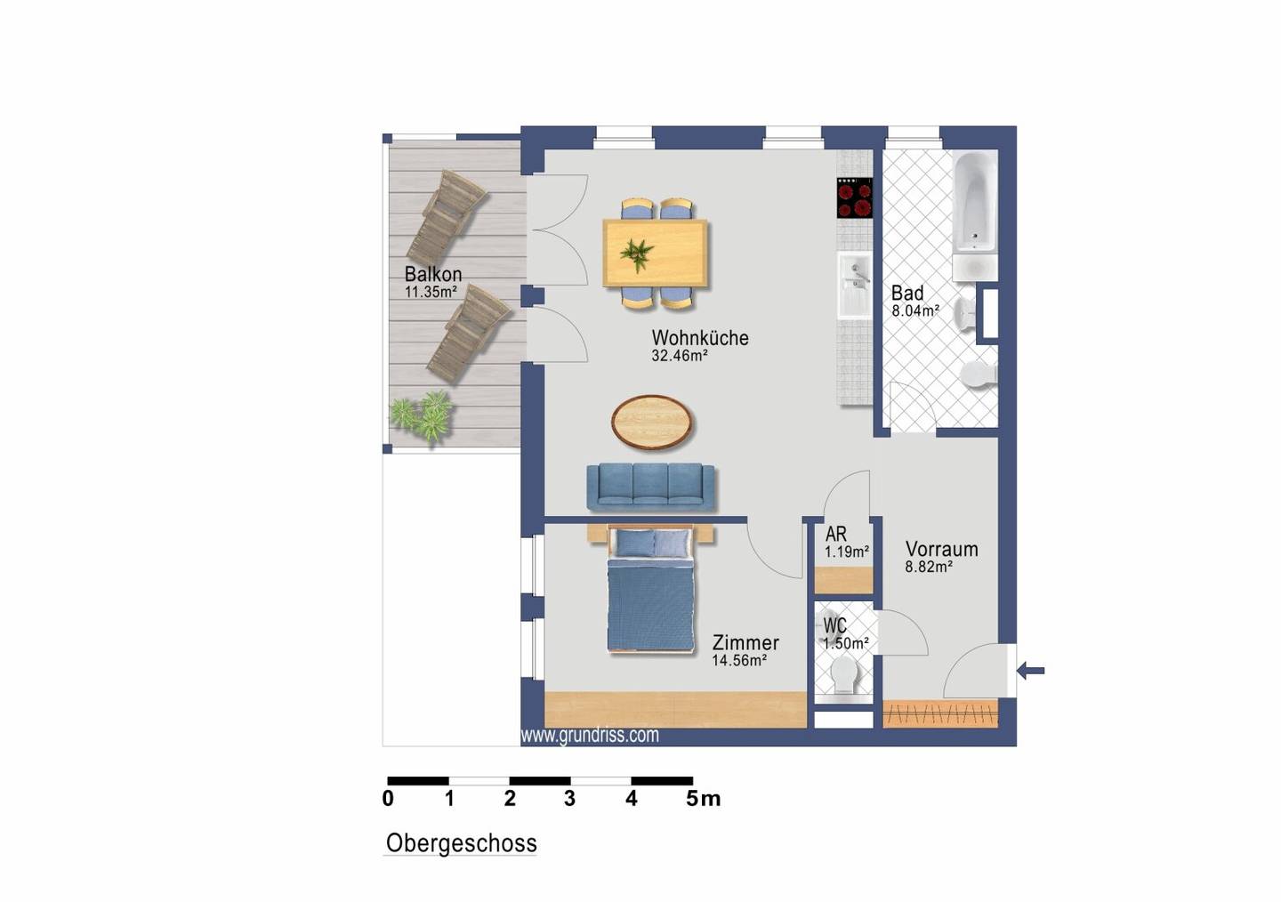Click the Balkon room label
tap(433, 274)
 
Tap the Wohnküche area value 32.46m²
tap(680, 356)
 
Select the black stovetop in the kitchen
tap(855, 197)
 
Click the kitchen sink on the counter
tap(855, 286)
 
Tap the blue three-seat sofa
tap(651, 487)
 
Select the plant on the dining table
tap(637, 254)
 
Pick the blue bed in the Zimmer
tap(651, 590)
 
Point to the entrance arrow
tap(1031, 671)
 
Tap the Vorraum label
tap(941, 550)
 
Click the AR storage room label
tap(835, 535)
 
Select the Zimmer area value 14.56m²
tap(739, 661)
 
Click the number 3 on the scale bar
tap(569, 799)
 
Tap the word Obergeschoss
tap(462, 843)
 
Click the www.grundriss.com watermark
tap(590, 736)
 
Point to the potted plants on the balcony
tap(423, 415)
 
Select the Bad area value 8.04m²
tap(915, 311)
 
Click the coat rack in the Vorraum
tap(941, 714)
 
